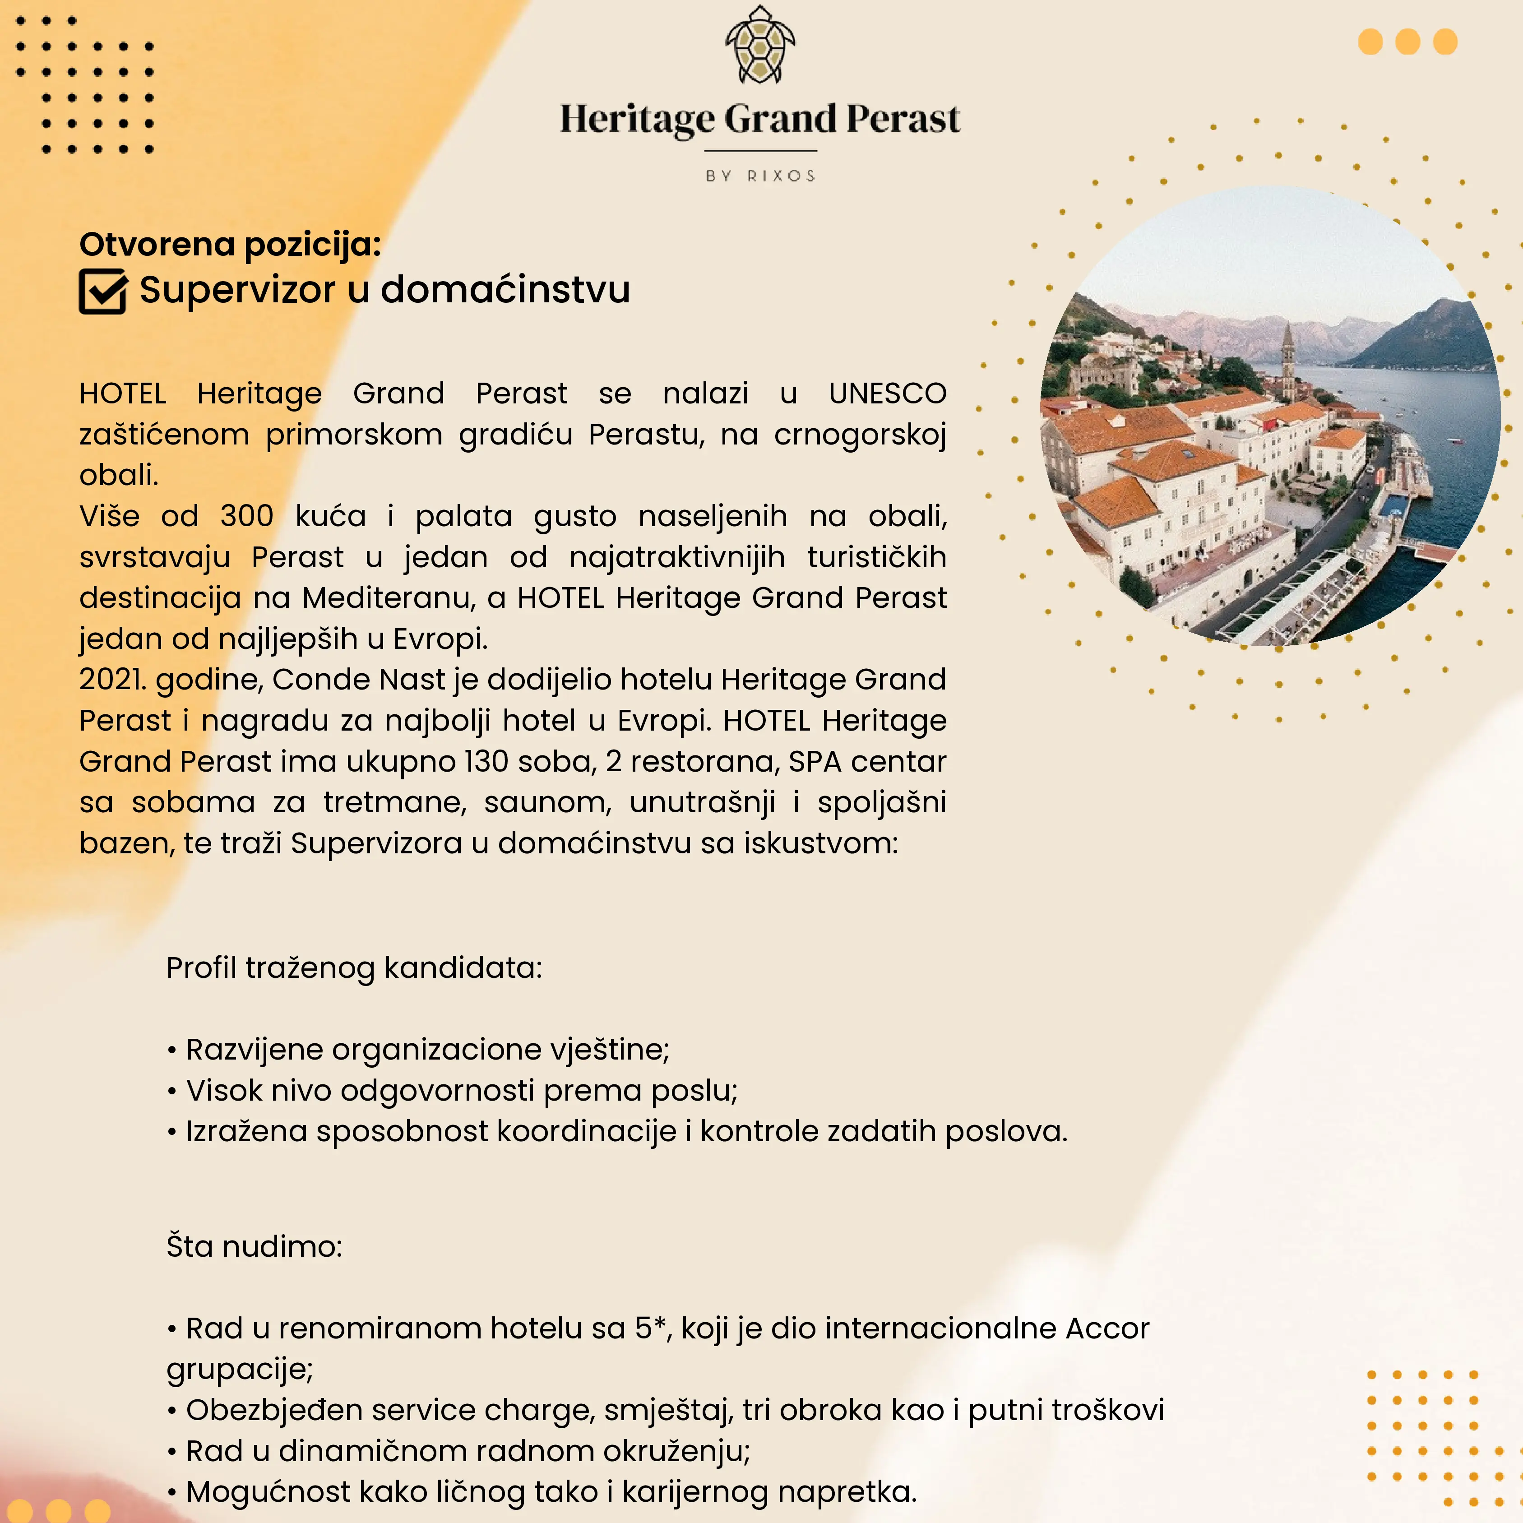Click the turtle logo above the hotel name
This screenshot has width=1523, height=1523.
pyautogui.click(x=760, y=46)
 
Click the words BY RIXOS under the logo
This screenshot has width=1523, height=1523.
pyautogui.click(x=760, y=176)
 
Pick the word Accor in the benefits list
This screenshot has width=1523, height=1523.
pyautogui.click(x=1107, y=1329)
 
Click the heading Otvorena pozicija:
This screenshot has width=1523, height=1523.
pyautogui.click(x=229, y=245)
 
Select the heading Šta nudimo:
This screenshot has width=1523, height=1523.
pyautogui.click(x=254, y=1246)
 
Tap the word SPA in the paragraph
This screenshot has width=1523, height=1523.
pyautogui.click(x=815, y=762)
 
